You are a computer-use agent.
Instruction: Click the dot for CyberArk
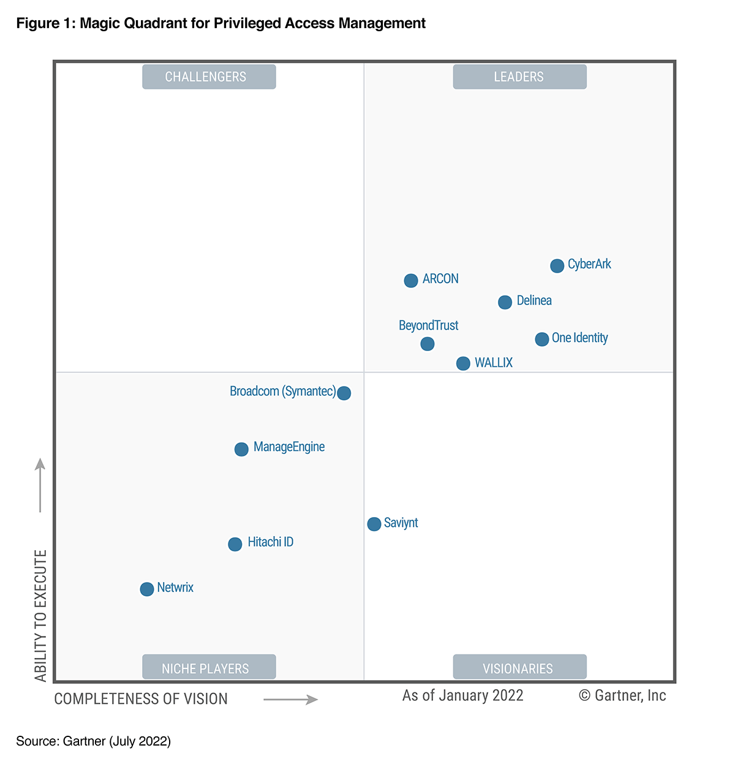(x=557, y=266)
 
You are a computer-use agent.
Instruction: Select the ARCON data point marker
(x=411, y=281)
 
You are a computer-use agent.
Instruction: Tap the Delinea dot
(x=505, y=302)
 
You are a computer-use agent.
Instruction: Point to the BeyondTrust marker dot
(x=428, y=344)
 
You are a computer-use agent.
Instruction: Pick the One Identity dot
(x=541, y=339)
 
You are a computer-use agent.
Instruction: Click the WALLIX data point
(x=463, y=363)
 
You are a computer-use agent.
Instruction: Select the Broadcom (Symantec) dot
(x=344, y=393)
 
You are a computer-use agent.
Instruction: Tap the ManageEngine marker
(x=241, y=449)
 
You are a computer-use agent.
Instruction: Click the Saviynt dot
(x=374, y=524)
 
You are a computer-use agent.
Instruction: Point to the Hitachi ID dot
(x=235, y=544)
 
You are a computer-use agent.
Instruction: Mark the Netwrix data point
(x=146, y=589)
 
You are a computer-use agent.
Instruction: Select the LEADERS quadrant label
(x=519, y=77)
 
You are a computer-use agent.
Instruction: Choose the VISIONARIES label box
(x=519, y=667)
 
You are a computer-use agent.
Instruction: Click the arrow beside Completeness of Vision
(x=290, y=700)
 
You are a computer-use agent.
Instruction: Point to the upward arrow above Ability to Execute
(x=40, y=485)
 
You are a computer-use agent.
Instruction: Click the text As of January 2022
(x=462, y=696)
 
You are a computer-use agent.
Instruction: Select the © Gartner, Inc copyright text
(x=622, y=696)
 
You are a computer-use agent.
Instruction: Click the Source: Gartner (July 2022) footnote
(x=93, y=741)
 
